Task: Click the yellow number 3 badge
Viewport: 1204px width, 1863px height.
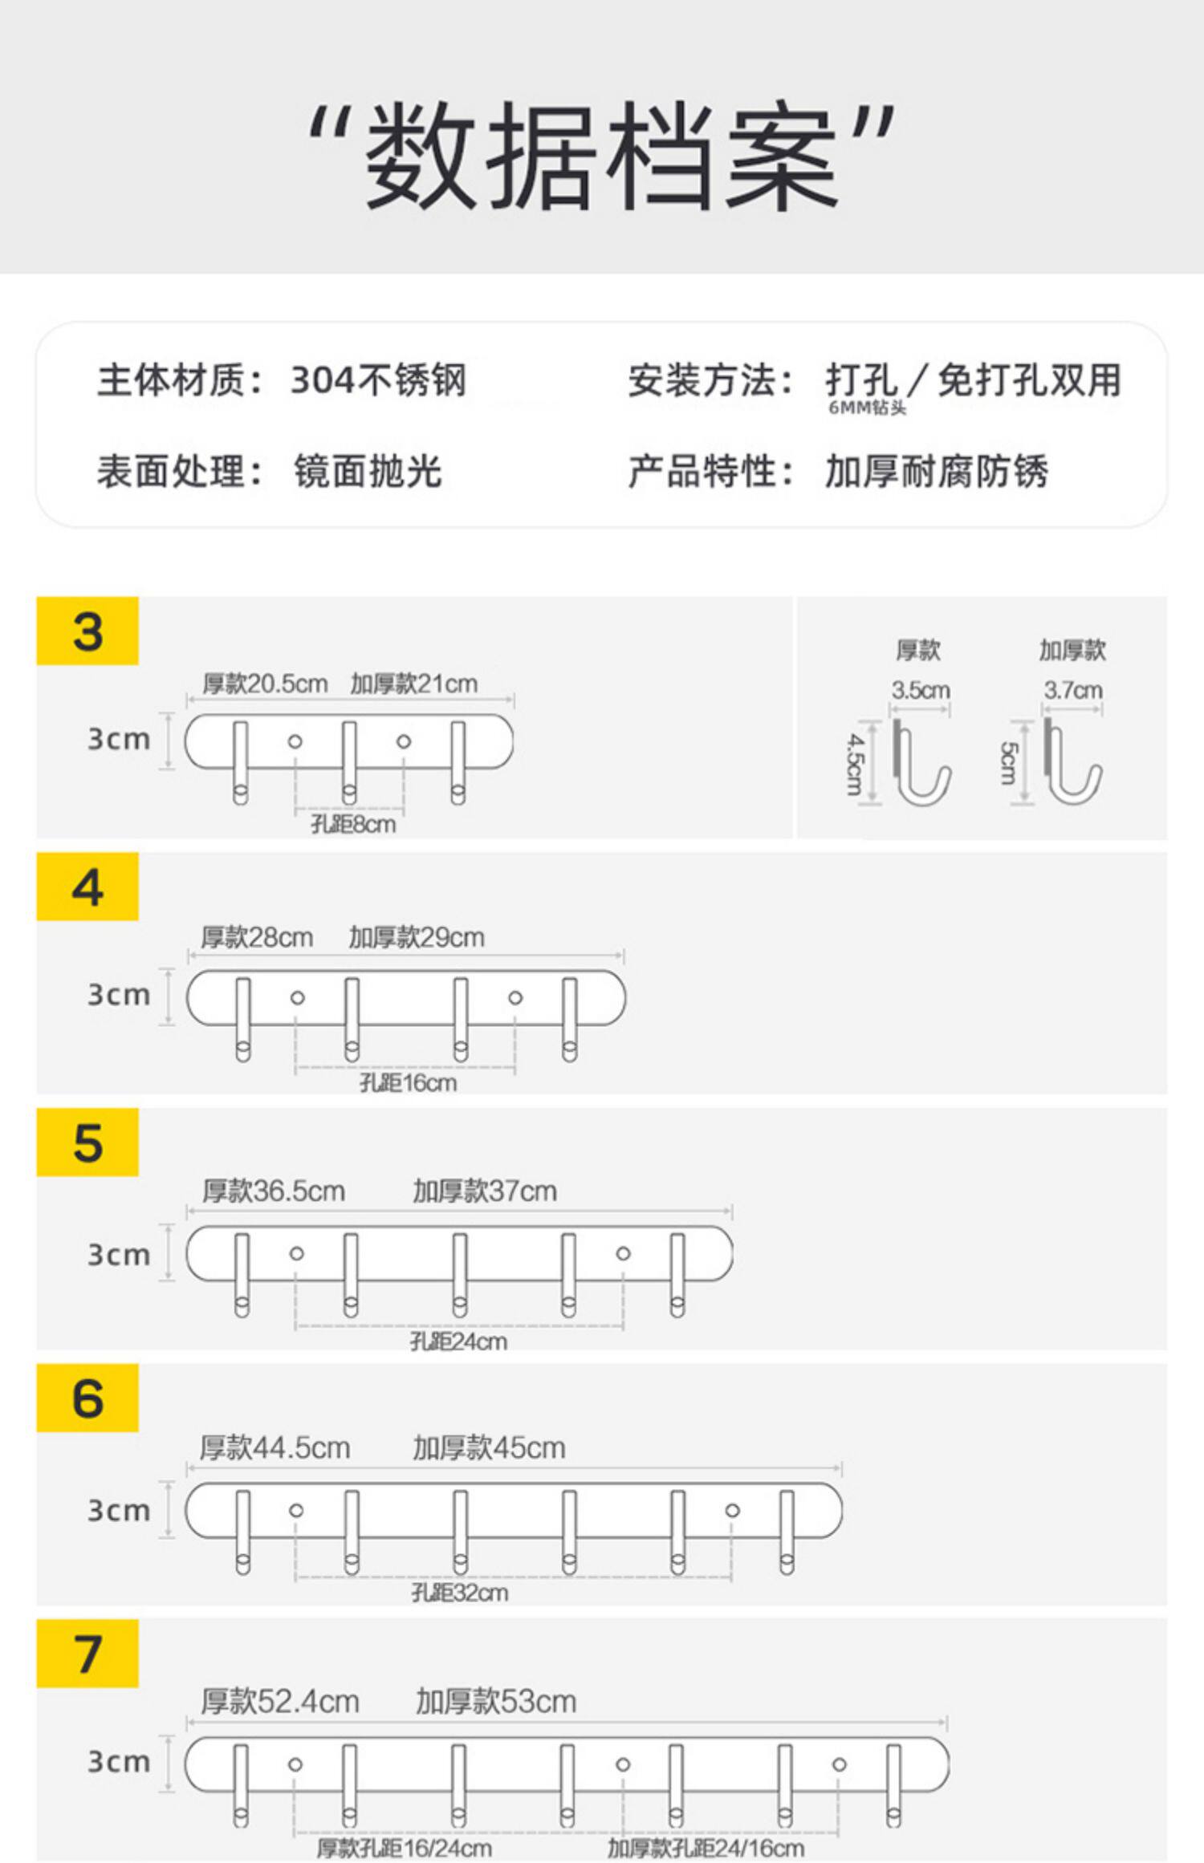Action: point(87,631)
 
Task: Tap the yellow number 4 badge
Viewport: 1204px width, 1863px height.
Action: point(87,887)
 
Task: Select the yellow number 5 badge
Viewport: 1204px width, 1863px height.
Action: point(87,1143)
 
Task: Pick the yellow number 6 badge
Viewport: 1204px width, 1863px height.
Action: point(87,1398)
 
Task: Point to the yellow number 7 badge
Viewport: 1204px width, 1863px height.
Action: point(87,1654)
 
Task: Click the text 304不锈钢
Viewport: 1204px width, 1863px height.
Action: point(378,380)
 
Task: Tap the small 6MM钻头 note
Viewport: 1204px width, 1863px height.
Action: point(867,408)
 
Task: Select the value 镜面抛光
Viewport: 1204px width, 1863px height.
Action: point(368,471)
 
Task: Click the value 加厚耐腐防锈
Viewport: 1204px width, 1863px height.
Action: point(937,471)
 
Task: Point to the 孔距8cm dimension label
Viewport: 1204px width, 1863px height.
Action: point(353,824)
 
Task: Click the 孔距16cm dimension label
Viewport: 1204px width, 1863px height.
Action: point(408,1083)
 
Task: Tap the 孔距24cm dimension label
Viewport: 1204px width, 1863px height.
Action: point(458,1341)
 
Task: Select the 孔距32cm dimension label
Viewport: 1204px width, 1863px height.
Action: point(459,1593)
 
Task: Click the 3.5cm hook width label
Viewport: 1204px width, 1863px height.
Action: point(921,690)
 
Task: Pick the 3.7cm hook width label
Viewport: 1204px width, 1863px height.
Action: point(1072,690)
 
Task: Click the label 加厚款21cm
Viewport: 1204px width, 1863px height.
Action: point(413,684)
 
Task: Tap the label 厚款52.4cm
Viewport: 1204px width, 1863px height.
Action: point(279,1701)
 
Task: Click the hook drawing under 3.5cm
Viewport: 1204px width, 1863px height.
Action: point(921,762)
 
